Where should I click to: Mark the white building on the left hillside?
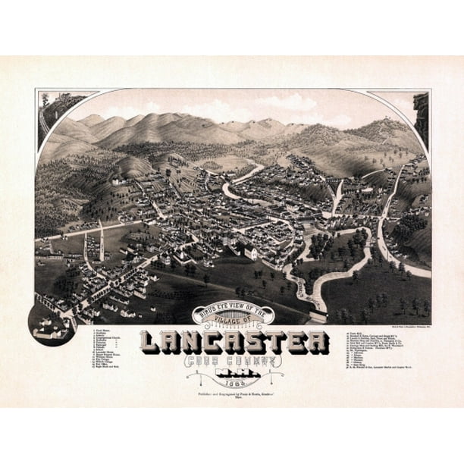point(116,182)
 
